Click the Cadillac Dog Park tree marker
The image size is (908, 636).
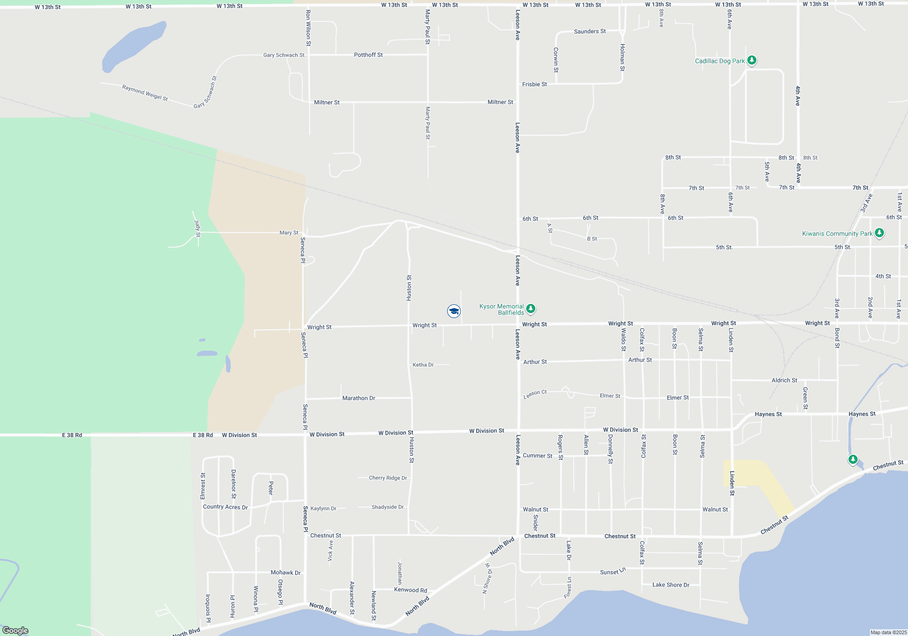[x=752, y=60]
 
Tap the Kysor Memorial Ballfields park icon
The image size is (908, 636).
[x=530, y=309]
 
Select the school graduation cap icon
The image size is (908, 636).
[x=454, y=311]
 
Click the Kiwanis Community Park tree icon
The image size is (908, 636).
[x=879, y=233]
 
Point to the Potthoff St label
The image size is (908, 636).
[x=368, y=55]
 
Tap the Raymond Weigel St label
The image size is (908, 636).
[x=145, y=93]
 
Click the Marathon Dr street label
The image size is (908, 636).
[x=359, y=398]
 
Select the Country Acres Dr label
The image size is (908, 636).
[x=225, y=507]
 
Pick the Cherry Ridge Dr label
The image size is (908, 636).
[x=388, y=478]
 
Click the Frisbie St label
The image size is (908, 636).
[x=534, y=84]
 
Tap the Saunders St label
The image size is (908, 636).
[x=590, y=31]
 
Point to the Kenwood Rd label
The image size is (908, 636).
[x=410, y=590]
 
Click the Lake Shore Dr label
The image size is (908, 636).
[x=671, y=585]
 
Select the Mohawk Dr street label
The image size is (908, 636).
[x=286, y=573]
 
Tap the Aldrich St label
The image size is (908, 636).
[x=784, y=381]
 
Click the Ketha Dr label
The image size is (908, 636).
[x=423, y=365]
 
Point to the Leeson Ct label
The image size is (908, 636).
[x=535, y=394]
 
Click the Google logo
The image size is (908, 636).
[x=15, y=631]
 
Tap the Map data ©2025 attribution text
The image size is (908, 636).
[x=888, y=632]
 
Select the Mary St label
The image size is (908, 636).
[x=289, y=233]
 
